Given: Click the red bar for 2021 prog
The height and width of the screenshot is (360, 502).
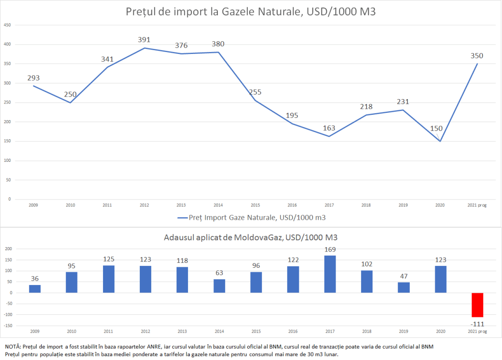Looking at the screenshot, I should (477, 305).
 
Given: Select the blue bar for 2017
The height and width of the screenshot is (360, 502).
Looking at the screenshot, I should (330, 274).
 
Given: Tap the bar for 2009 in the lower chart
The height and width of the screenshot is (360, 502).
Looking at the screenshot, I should (35, 289).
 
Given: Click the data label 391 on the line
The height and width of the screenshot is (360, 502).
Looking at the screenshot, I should (144, 40).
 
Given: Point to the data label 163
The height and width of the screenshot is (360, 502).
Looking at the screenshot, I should (329, 128).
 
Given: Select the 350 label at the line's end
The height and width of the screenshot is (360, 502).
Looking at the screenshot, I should (477, 55).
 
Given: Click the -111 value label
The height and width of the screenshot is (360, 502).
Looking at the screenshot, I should (477, 324).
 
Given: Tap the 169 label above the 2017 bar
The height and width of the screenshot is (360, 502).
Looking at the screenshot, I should (330, 249).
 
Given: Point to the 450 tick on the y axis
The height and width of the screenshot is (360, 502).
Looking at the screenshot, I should (7, 25).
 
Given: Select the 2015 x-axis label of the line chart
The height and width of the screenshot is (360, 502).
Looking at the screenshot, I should (256, 206).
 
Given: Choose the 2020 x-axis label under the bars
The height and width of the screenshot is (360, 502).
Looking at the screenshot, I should (440, 332).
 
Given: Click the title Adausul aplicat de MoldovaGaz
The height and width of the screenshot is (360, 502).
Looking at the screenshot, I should (251, 237).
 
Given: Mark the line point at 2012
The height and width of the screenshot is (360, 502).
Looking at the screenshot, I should (144, 48).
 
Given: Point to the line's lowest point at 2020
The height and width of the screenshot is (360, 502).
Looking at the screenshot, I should (440, 141).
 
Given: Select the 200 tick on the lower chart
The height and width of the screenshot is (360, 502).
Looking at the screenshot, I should (8, 249).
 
